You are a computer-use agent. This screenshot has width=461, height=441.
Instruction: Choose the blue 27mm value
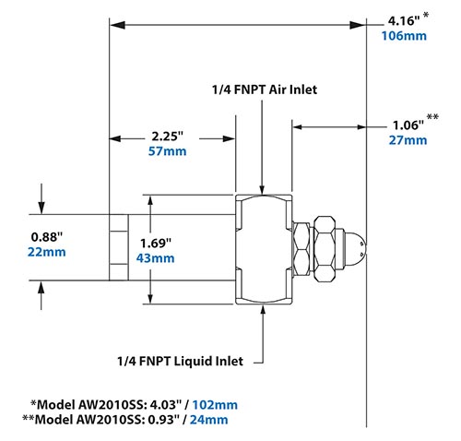click(x=408, y=140)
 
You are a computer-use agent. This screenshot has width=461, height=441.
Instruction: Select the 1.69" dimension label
click(x=154, y=243)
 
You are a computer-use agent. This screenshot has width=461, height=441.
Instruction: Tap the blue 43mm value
click(x=155, y=258)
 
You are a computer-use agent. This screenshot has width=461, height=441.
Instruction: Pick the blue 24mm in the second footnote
click(x=209, y=420)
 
